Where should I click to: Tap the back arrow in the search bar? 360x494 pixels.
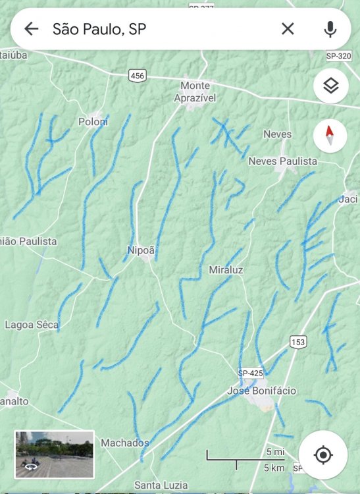click(31, 28)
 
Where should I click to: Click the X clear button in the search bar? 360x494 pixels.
click(288, 28)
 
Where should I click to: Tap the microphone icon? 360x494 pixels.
click(330, 28)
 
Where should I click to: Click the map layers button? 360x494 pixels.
click(330, 86)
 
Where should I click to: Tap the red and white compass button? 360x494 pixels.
click(330, 136)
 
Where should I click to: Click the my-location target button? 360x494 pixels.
click(322, 455)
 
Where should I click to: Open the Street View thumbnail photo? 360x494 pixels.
click(55, 454)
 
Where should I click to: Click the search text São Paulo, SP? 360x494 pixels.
click(99, 28)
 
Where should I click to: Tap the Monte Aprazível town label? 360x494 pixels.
click(195, 92)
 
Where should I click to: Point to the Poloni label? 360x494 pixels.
click(93, 122)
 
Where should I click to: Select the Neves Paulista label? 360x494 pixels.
click(282, 161)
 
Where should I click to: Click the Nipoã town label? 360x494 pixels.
click(141, 250)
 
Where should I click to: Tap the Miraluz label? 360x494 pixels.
click(226, 270)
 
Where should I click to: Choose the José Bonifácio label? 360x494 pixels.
click(261, 391)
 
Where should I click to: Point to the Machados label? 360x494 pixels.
click(125, 443)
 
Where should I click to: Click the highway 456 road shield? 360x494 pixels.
click(138, 76)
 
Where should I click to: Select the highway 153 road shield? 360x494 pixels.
click(298, 341)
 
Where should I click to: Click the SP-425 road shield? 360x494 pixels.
click(250, 373)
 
